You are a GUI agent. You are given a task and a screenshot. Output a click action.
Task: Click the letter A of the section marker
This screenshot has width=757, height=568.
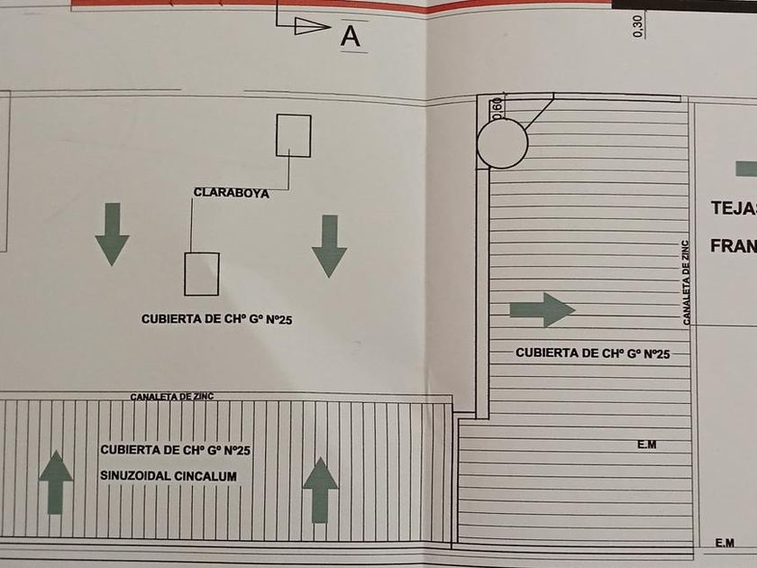tap(351, 36)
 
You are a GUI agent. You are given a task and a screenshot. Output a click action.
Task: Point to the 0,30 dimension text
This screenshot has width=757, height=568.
tap(638, 26)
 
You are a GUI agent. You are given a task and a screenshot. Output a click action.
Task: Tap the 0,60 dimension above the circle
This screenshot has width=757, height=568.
tap(497, 108)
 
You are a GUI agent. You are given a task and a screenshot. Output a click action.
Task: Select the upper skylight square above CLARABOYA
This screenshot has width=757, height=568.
tap(294, 135)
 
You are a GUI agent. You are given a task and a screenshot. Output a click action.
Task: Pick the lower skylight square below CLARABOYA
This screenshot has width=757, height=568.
tap(202, 273)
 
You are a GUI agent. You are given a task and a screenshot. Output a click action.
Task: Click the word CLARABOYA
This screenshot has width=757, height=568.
tap(232, 192)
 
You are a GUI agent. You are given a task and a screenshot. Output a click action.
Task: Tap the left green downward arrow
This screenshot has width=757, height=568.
tap(112, 234)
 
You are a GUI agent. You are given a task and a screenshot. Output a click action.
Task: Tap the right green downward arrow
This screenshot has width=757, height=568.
tap(329, 245)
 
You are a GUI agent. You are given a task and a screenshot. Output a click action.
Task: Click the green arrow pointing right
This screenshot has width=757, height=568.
tap(542, 309)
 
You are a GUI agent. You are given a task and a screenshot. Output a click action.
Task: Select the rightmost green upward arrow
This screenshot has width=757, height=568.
tap(320, 490)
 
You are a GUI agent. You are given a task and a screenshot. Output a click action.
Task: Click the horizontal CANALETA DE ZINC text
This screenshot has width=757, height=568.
tap(172, 397)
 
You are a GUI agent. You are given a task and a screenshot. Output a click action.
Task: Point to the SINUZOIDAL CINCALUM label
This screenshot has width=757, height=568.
tap(169, 475)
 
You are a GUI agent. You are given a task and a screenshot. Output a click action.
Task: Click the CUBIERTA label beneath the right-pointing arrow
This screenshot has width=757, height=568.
tap(593, 353)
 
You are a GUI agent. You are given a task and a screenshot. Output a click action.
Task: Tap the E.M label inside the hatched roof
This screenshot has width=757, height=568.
tap(646, 444)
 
